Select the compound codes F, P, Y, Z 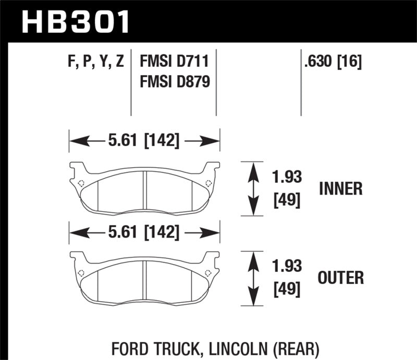point(94,63)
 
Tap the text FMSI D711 point(174,63)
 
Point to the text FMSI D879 point(174,82)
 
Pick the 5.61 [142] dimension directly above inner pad point(144,141)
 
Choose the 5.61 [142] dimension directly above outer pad point(144,232)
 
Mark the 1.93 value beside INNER point(287,178)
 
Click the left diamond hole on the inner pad point(81,183)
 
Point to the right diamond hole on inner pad point(208,183)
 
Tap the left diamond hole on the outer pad point(81,272)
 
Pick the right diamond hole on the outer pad point(208,272)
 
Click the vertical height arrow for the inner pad point(253,189)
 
